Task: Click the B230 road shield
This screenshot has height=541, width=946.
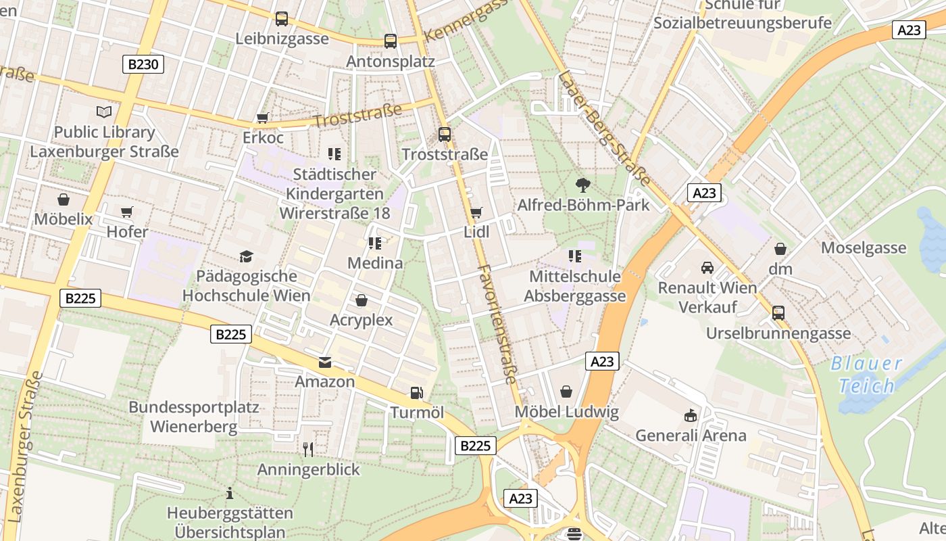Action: pyautogui.click(x=143, y=64)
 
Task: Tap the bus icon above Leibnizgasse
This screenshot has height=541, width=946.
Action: pyautogui.click(x=282, y=19)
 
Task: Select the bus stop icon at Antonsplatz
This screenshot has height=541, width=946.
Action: pyautogui.click(x=391, y=41)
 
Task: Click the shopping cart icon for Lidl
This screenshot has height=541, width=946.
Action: pyautogui.click(x=476, y=212)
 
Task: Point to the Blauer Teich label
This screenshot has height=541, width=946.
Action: pyautogui.click(x=866, y=375)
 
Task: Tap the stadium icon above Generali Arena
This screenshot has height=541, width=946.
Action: pyautogui.click(x=691, y=415)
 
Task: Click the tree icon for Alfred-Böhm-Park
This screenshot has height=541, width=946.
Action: pyautogui.click(x=582, y=185)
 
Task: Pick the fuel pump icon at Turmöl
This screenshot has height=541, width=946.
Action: pyautogui.click(x=417, y=393)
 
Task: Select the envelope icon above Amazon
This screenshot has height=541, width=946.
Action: pyautogui.click(x=325, y=362)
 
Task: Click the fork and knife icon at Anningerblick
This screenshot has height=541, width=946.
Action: pyautogui.click(x=308, y=449)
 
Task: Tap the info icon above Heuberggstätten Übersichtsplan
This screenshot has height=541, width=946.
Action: pyautogui.click(x=230, y=493)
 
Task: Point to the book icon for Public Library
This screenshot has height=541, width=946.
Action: pyautogui.click(x=104, y=112)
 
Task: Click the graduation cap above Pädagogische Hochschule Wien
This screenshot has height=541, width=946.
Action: pyautogui.click(x=246, y=256)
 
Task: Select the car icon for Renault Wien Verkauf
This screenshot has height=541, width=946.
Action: pyautogui.click(x=707, y=268)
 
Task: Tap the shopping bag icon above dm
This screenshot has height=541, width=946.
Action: pyautogui.click(x=780, y=249)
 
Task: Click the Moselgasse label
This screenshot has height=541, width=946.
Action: pyautogui.click(x=864, y=248)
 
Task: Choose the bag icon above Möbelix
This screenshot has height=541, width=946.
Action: pyautogui.click(x=64, y=199)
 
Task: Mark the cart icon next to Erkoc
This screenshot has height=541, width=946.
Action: pyautogui.click(x=263, y=118)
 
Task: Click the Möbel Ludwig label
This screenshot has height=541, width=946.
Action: pyautogui.click(x=566, y=412)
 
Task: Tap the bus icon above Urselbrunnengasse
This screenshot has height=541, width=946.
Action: pyautogui.click(x=778, y=313)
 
